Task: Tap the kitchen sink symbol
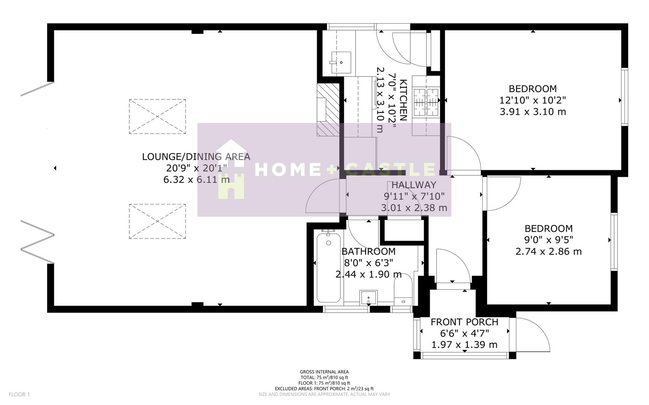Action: coord(340,63)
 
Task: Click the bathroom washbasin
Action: coord(369,298)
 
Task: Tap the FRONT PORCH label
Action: coord(464,322)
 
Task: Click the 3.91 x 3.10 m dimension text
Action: coord(533,112)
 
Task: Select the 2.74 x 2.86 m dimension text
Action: coord(548,251)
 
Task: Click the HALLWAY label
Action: coord(414,185)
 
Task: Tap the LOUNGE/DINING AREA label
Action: coord(196,157)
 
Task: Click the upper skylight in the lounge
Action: coord(158,117)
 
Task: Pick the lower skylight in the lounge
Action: coord(158,221)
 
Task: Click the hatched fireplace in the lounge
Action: coord(328,110)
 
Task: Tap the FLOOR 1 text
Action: coord(19,394)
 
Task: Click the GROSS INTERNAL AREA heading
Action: coord(324,372)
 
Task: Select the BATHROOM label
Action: coord(368,251)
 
